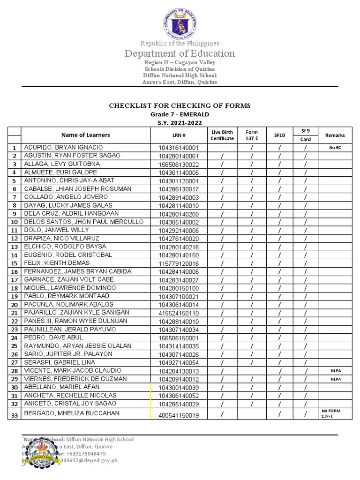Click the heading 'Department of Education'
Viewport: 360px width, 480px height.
(x=180, y=53)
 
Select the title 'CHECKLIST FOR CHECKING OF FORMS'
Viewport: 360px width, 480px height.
(x=180, y=105)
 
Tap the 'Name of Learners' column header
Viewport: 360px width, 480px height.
(x=86, y=135)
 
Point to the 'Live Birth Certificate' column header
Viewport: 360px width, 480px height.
(x=222, y=135)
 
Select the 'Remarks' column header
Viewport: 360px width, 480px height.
(x=335, y=135)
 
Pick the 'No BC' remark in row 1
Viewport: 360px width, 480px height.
(x=335, y=148)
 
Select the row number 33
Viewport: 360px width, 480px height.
(x=15, y=414)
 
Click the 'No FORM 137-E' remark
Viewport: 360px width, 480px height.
(x=331, y=413)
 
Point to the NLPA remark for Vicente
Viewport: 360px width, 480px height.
(x=335, y=371)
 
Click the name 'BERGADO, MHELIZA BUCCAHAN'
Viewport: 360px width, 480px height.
(x=71, y=413)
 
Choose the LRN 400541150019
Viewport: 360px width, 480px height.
(x=178, y=415)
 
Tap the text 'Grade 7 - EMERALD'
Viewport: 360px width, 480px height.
(x=180, y=114)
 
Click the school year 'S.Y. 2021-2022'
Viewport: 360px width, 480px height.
(x=180, y=122)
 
